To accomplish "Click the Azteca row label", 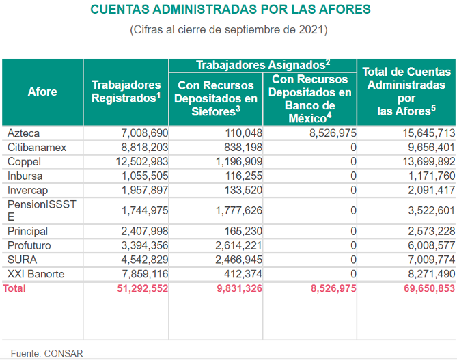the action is point(23,133).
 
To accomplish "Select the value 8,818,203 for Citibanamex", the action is point(145,148).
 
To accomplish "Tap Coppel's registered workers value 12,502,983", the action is point(142,162).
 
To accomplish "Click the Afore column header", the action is point(42,92).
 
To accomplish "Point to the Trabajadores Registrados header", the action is point(126,92).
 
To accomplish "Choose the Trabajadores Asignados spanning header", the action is point(263,65).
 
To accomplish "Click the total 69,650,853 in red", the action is point(429,288).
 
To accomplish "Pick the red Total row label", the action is point(14,288).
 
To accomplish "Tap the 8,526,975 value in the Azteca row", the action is point(333,133).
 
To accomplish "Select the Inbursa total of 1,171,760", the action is point(431,176).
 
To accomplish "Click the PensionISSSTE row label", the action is point(42,211).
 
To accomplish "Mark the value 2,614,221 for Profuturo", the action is point(238,246).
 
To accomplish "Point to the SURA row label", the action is point(22,260).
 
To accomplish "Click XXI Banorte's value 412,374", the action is point(243,274).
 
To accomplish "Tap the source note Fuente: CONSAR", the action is point(47,354).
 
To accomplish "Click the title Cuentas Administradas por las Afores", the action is point(230,10).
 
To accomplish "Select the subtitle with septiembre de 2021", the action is point(229,30).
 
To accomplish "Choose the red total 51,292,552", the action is point(143,288).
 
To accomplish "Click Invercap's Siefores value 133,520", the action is point(243,191).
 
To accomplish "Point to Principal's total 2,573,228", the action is point(431,232).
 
